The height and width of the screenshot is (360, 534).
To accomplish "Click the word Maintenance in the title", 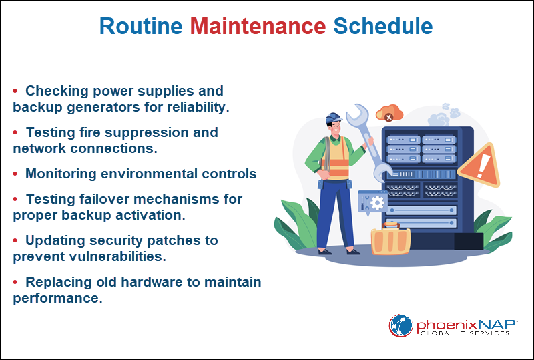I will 258,26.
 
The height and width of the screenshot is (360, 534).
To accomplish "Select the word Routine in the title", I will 141,26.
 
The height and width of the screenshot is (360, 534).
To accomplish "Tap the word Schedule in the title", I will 382,26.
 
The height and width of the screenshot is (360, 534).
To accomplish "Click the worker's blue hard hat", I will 333,119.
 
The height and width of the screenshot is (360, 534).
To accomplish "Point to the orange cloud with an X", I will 389,114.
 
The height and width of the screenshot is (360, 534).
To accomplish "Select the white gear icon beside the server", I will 378,201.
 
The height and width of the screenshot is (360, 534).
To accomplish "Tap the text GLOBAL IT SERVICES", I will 463,333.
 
